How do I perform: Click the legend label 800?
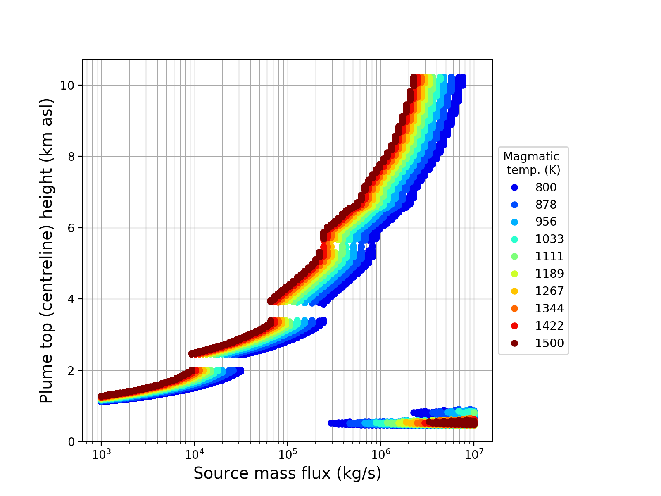point(546,187)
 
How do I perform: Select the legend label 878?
point(546,205)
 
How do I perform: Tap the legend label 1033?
point(549,239)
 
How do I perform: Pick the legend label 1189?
point(549,274)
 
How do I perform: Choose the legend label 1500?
point(549,343)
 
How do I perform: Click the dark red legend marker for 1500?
point(514,343)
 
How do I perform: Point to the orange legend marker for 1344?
point(514,308)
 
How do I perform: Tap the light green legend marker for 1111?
point(514,256)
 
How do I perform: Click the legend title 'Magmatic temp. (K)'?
point(532,163)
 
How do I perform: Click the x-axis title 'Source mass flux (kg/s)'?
point(287,474)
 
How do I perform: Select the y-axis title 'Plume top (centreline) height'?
point(47,250)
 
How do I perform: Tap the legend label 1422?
point(549,326)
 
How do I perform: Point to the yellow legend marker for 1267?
point(514,291)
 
